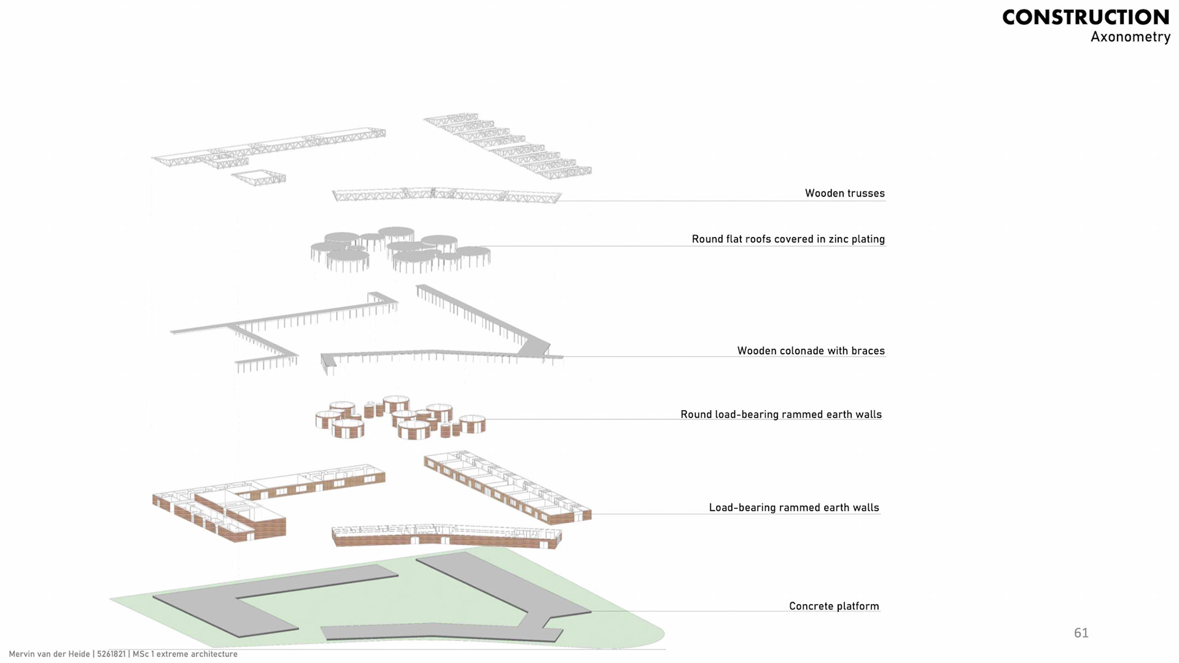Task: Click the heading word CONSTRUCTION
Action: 1085,17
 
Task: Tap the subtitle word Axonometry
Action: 1130,37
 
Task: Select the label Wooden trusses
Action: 844,193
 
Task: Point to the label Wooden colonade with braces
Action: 811,351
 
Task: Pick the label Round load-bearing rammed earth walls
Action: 780,414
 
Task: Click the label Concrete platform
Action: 833,606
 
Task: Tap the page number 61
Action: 1081,633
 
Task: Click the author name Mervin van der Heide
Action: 49,654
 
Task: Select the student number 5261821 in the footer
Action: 111,654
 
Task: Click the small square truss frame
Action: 259,177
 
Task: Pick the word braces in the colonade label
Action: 868,351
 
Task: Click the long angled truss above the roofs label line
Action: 446,195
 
